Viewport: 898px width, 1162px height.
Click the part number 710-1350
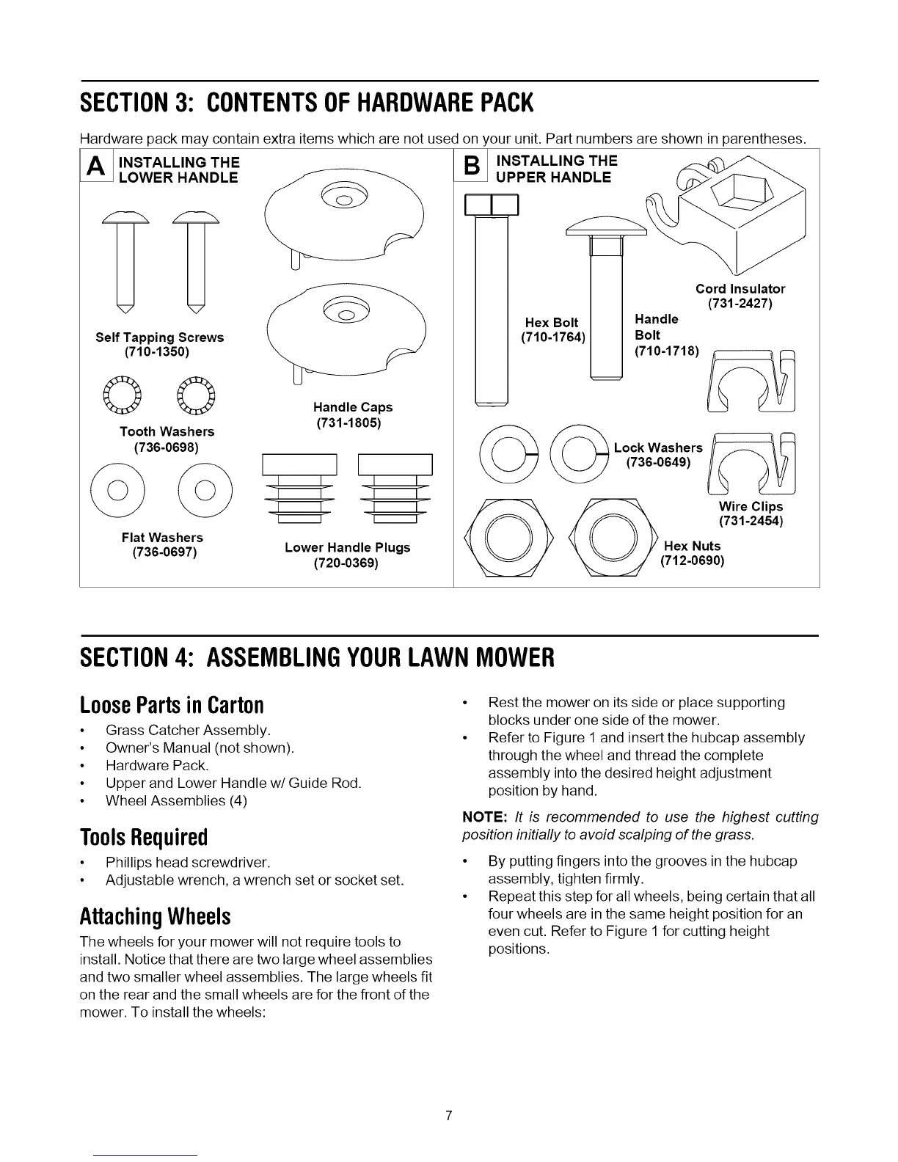(x=157, y=352)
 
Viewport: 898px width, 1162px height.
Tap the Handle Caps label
(x=352, y=407)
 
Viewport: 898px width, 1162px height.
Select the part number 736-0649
(x=657, y=462)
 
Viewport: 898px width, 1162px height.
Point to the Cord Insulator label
(x=740, y=289)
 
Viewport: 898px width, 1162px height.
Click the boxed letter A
(x=95, y=169)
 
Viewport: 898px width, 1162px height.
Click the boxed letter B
(x=473, y=168)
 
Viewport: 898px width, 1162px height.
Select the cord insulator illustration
(x=741, y=213)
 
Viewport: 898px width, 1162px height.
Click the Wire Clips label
(x=751, y=507)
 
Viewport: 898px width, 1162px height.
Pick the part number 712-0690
(x=693, y=561)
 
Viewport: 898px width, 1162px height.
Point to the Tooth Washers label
(x=167, y=431)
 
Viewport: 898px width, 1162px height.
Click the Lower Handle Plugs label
(x=347, y=548)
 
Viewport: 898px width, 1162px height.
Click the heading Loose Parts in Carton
(x=172, y=705)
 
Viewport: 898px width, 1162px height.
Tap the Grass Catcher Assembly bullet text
(x=188, y=731)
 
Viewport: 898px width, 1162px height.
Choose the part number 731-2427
(x=740, y=304)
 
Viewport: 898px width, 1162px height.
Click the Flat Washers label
(x=162, y=538)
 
